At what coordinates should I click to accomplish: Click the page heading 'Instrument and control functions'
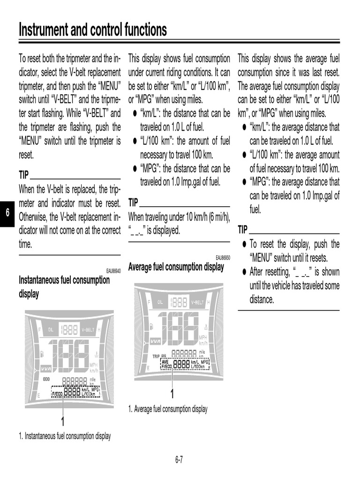92,30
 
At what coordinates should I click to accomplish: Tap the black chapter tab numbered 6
7,212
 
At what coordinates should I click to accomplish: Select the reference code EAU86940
113,271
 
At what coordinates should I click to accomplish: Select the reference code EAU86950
223,258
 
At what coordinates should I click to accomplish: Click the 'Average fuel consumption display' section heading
176,267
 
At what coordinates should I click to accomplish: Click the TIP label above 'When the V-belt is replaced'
23,175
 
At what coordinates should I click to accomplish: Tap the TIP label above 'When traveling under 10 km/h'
133,203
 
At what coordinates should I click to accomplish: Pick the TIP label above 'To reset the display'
242,230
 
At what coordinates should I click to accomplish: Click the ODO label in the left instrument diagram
46,379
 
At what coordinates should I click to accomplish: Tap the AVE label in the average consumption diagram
165,362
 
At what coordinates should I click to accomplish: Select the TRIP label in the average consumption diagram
157,356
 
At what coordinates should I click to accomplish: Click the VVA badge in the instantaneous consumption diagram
46,367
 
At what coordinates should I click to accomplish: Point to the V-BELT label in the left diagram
89,329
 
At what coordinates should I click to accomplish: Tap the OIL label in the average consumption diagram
160,302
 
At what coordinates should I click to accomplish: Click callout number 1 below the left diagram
62,420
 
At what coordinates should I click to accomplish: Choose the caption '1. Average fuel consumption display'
167,409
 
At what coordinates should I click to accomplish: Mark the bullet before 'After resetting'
244,272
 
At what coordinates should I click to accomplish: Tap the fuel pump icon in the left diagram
43,352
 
